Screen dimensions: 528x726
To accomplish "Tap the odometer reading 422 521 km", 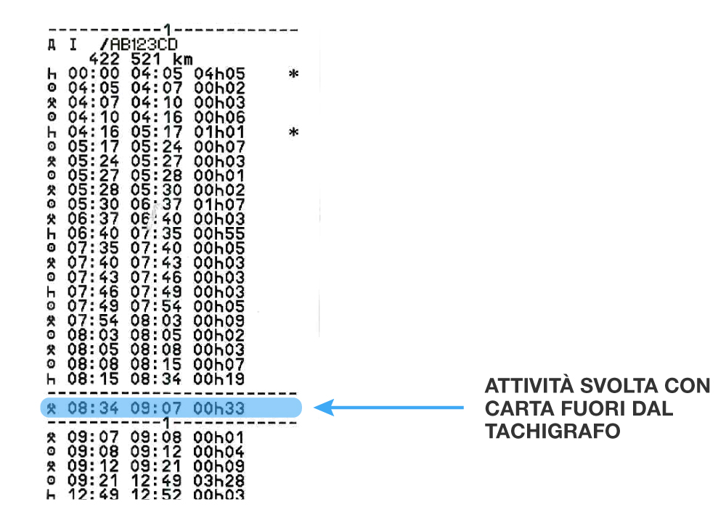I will coord(135,59).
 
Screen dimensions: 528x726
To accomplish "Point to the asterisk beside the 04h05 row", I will coord(293,74).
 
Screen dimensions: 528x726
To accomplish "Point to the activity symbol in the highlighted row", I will coord(51,408).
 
